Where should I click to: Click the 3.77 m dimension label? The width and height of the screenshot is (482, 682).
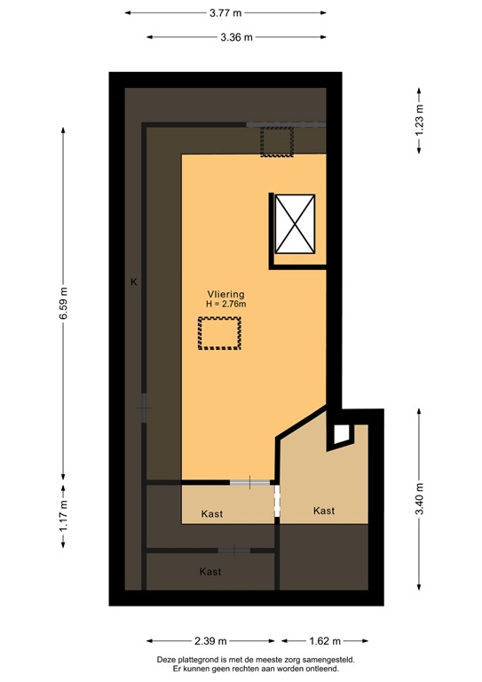(225, 13)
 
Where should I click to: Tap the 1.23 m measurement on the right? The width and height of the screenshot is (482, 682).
(419, 119)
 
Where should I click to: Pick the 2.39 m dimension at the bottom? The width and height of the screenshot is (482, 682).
(214, 640)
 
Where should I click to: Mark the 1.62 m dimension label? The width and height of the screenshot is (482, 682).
(324, 640)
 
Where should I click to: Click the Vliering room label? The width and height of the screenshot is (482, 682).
(225, 294)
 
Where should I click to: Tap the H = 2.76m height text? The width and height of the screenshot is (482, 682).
(225, 305)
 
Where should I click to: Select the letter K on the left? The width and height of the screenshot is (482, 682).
(133, 282)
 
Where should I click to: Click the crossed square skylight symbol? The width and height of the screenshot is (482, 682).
(297, 222)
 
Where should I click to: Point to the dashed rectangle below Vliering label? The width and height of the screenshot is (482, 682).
(219, 334)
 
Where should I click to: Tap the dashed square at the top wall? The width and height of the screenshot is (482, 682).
(276, 142)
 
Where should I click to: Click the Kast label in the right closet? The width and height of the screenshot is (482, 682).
(324, 511)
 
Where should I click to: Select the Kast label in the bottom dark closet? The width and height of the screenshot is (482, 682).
(210, 572)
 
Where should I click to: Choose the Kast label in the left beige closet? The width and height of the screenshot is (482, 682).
(211, 514)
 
